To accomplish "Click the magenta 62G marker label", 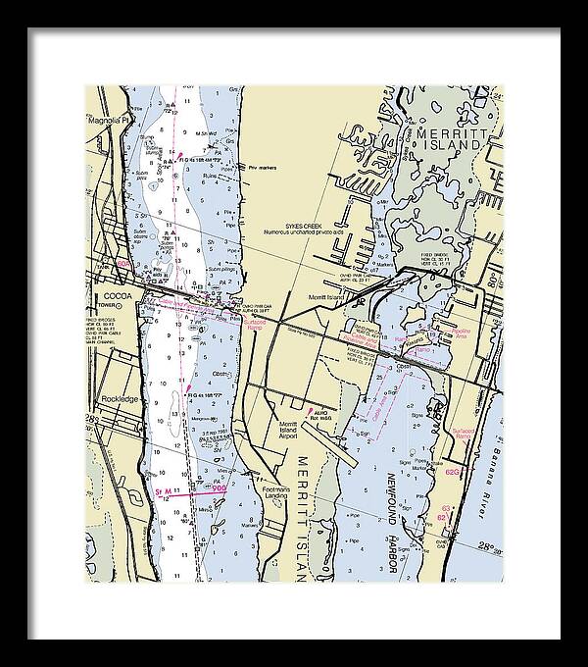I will coord(452,472).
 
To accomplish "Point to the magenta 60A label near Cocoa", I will coord(122,264).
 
